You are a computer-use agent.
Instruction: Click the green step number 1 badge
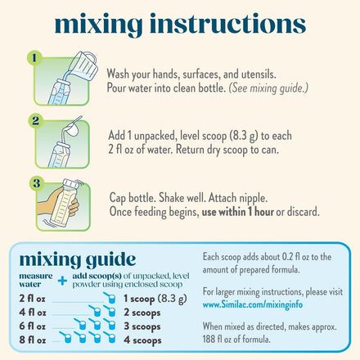[34, 58]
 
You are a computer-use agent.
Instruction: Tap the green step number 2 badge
[36, 120]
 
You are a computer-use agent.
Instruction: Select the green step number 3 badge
[37, 183]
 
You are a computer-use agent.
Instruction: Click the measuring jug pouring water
[84, 65]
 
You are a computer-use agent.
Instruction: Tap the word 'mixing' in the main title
[98, 24]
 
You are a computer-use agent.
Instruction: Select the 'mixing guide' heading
[78, 259]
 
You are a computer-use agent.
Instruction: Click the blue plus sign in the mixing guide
[62, 281]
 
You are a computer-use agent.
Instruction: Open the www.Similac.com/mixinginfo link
[253, 304]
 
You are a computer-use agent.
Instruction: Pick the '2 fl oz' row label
[32, 299]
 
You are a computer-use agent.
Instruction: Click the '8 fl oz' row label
[33, 340]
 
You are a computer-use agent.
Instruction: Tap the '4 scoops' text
[142, 340]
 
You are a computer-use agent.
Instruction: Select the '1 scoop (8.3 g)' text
[155, 299]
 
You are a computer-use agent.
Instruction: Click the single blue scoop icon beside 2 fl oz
[110, 298]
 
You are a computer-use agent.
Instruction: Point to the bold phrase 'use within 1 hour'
[237, 212]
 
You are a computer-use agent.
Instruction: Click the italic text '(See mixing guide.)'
[268, 88]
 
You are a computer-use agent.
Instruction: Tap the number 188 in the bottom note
[209, 339]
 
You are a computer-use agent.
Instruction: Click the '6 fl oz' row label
[32, 326]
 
